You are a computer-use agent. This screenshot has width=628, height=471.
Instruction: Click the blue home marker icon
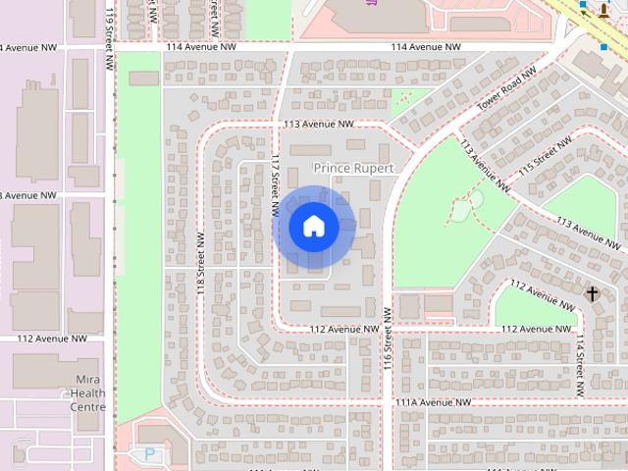point(313,227)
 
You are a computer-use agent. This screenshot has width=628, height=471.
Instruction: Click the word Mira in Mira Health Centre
point(88,380)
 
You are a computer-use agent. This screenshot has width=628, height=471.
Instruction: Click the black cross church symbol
point(592,292)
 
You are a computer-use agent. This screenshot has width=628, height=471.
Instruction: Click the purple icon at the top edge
point(372,3)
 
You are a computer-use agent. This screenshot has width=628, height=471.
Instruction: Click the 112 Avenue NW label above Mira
point(52,339)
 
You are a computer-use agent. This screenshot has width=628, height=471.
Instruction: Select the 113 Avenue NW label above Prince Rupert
point(317,125)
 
